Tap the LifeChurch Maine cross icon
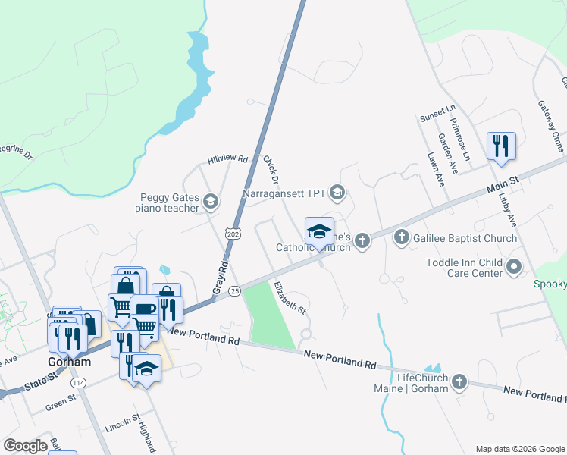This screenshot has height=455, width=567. click(x=459, y=383)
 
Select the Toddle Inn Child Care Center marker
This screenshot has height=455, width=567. click(x=515, y=266)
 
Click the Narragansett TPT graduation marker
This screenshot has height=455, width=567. click(x=337, y=193)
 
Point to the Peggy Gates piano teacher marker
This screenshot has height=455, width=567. click(x=211, y=202)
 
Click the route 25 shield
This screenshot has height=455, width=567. click(x=234, y=290)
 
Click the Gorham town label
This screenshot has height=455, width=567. click(x=70, y=362)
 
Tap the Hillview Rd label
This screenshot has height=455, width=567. click(x=228, y=160)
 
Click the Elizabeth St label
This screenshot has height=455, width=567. click(x=290, y=298)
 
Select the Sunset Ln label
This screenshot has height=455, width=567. click(x=437, y=118)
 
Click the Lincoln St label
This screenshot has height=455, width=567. click(x=123, y=420)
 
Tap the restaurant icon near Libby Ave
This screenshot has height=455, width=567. click(x=501, y=145)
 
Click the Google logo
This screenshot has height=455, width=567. click(x=25, y=446)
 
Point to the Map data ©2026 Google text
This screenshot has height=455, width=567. click(x=519, y=448)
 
